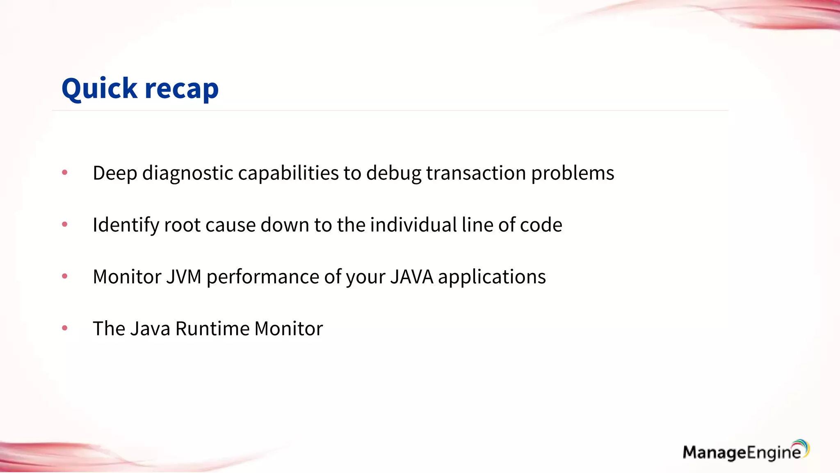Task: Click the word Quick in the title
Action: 99,88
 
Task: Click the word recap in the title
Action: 182,89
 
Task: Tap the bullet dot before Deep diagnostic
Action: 64,172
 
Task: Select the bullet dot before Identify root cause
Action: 64,224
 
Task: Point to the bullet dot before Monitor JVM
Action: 64,276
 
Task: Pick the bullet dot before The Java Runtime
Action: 64,328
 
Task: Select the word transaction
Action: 476,173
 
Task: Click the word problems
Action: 573,173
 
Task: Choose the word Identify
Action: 126,225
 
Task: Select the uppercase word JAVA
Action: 411,277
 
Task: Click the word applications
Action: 492,277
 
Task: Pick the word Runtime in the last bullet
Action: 212,328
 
